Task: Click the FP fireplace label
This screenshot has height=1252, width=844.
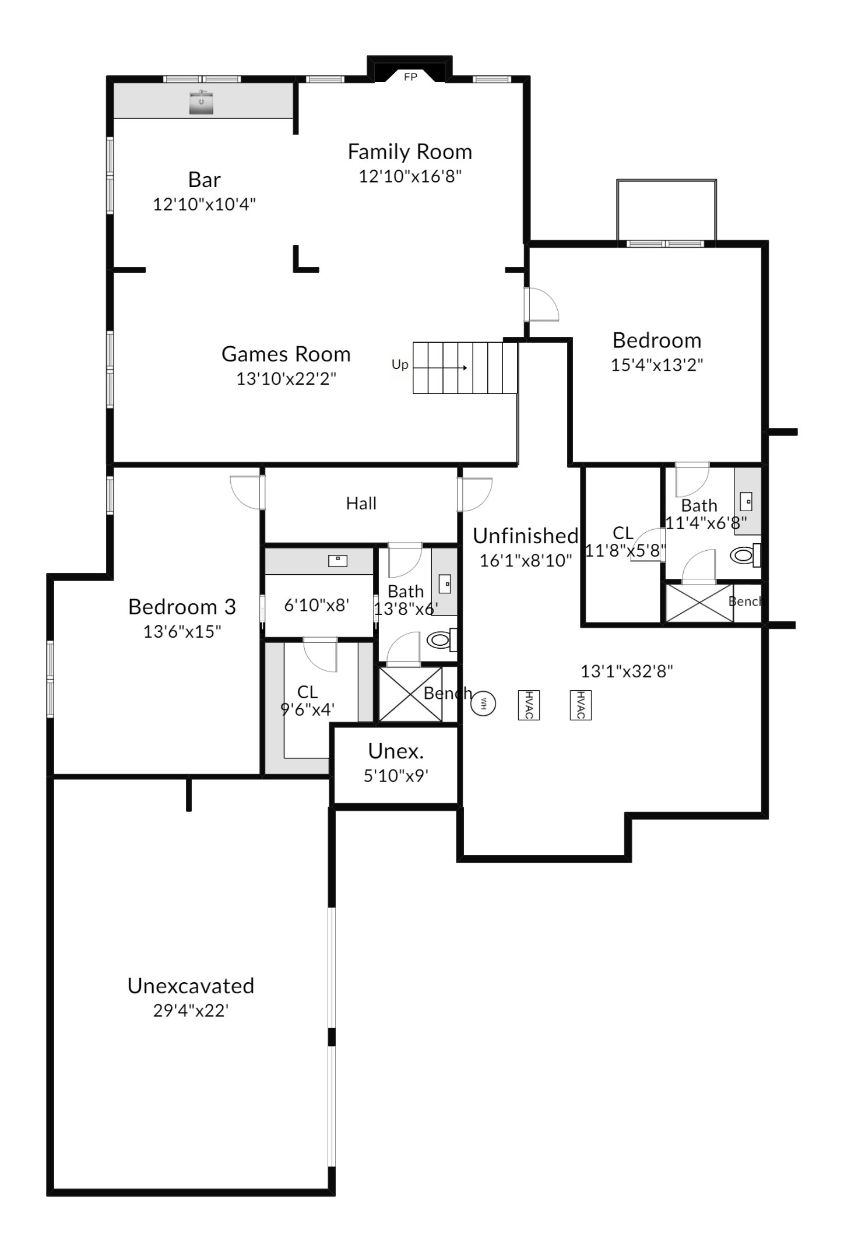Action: [410, 77]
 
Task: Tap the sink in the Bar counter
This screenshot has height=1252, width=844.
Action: [202, 102]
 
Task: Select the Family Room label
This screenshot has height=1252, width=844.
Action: [410, 152]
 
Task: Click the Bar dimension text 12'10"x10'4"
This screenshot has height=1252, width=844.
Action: [205, 204]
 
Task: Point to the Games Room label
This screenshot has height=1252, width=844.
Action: [286, 354]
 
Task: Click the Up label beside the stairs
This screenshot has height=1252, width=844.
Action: [400, 364]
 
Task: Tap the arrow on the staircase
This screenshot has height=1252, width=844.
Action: [440, 368]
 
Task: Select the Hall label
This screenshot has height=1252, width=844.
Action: [361, 503]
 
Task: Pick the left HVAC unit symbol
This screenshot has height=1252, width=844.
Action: [528, 705]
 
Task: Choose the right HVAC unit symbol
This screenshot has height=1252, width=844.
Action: [581, 705]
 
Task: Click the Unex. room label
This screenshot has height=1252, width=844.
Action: [396, 751]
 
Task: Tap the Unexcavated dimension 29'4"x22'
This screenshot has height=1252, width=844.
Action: [191, 1010]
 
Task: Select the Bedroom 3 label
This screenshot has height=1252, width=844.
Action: [182, 607]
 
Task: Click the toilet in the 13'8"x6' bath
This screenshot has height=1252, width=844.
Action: [441, 640]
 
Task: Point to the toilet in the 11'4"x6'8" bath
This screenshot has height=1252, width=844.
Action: [745, 555]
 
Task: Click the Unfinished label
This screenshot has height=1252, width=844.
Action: [526, 536]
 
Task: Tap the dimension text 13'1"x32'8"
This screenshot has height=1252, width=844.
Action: [627, 671]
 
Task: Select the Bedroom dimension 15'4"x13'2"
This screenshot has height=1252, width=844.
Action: [657, 365]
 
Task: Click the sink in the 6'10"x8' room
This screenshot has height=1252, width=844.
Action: [337, 560]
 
